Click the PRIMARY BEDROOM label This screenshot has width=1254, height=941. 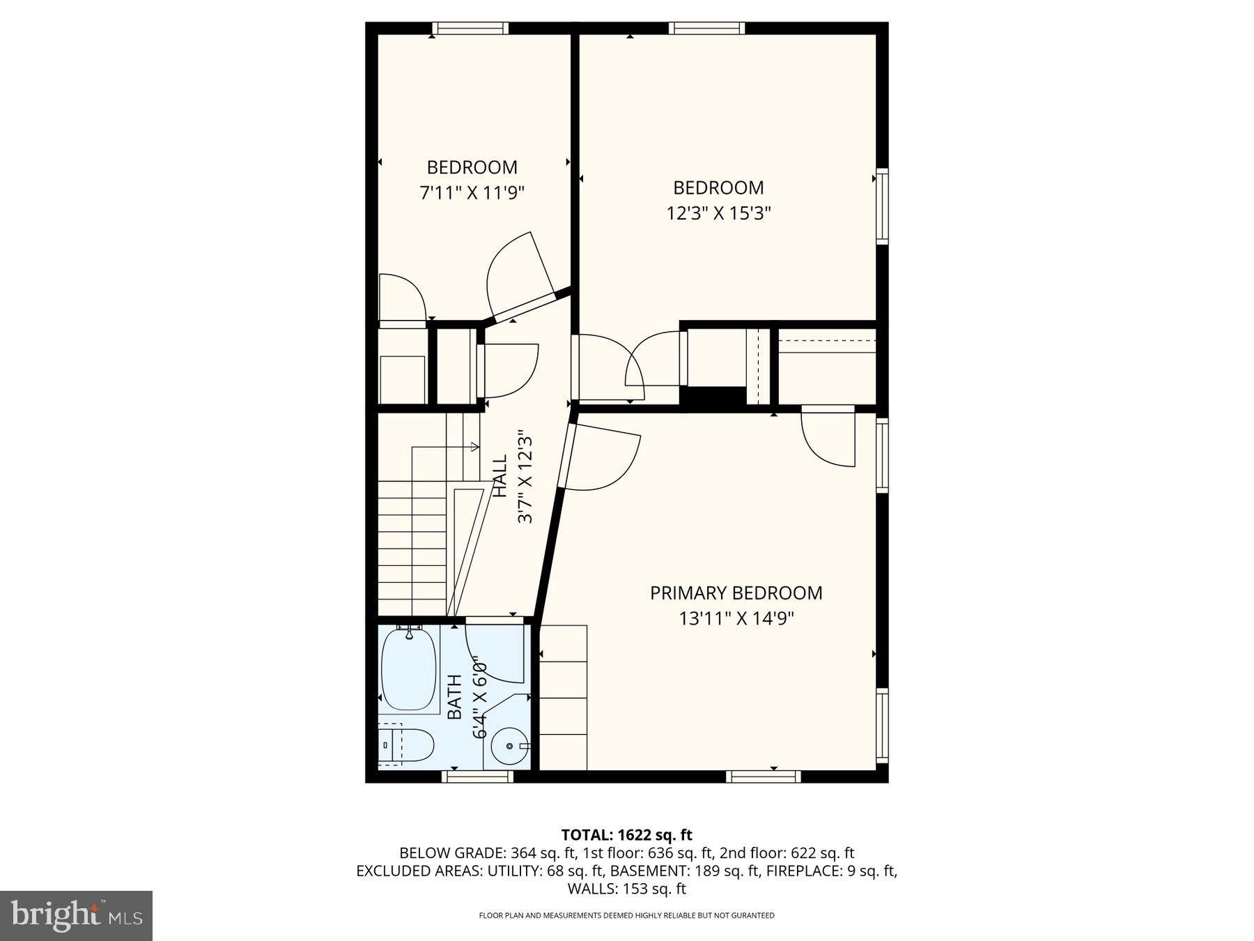click(x=736, y=593)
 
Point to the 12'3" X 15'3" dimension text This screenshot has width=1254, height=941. click(x=718, y=213)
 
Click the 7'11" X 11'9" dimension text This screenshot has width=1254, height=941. click(x=472, y=192)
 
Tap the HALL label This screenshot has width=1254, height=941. click(x=500, y=477)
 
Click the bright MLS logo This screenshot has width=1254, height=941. click(x=76, y=915)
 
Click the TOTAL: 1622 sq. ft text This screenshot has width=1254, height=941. click(x=626, y=834)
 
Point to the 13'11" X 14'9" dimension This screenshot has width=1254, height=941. click(x=736, y=618)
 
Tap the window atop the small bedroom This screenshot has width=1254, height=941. click(x=470, y=29)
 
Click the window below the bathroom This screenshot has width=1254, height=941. click(x=478, y=776)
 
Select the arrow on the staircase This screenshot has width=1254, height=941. click(x=474, y=447)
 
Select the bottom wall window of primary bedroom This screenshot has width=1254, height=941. click(x=763, y=776)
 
